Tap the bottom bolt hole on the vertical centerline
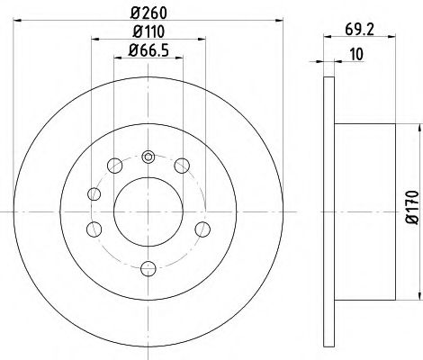(x=148, y=265)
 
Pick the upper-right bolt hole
(x=183, y=164)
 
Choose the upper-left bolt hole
(x=113, y=164)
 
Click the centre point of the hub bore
(x=148, y=211)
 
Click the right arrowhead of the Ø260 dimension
(x=279, y=22)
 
